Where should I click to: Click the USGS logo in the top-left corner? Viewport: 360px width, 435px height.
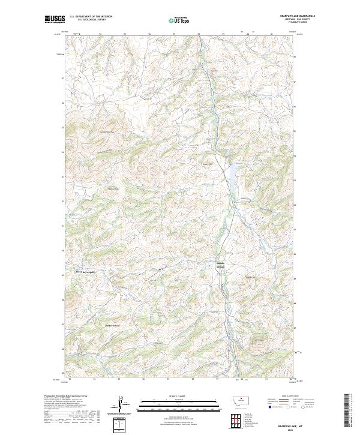(55, 19)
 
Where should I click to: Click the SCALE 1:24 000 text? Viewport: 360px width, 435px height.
(174, 396)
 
